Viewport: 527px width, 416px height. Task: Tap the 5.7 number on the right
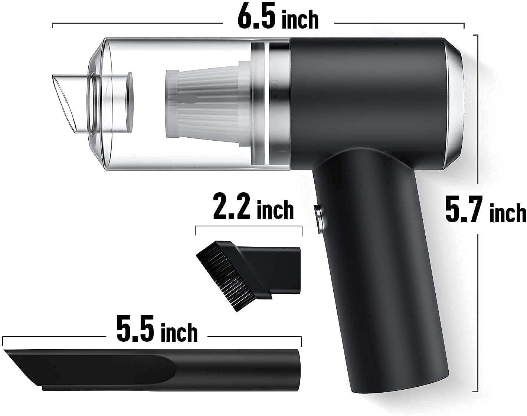(464, 210)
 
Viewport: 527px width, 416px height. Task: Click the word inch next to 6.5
(300, 20)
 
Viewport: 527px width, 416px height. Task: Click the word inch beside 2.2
(275, 210)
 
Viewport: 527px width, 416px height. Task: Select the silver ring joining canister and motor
(278, 104)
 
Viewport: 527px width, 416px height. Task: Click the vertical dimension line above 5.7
(477, 111)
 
